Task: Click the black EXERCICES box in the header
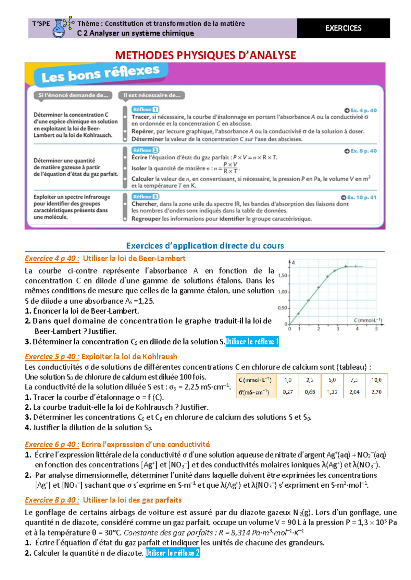[x=343, y=28]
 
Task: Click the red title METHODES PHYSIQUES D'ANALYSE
[x=206, y=55]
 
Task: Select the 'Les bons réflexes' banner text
[x=100, y=74]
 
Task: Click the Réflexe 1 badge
[x=145, y=109]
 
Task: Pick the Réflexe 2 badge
[x=145, y=150]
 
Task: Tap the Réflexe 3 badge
[x=145, y=197]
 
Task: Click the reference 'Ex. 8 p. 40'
[x=360, y=151]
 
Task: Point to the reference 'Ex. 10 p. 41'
[x=359, y=197]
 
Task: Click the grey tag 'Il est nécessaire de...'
[x=151, y=95]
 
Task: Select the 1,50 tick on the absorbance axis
[x=283, y=275]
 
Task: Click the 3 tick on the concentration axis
[x=338, y=329]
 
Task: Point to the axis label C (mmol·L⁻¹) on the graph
[x=368, y=320]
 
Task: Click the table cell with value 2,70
[x=376, y=392]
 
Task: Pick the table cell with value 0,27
[x=288, y=392]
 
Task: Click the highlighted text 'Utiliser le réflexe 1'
[x=252, y=342]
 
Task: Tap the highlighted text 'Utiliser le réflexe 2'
[x=173, y=553]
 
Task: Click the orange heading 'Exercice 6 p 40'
[x=52, y=445]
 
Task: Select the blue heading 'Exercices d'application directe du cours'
[x=205, y=246]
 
